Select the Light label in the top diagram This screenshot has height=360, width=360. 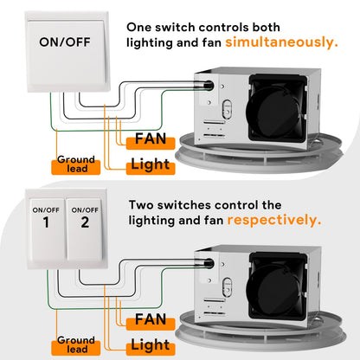[x=151, y=164]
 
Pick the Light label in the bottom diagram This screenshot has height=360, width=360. [x=151, y=344]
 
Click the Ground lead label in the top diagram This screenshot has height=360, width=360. [x=76, y=164]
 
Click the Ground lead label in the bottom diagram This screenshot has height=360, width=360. [x=76, y=344]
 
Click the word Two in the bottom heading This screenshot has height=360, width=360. [x=143, y=205]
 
